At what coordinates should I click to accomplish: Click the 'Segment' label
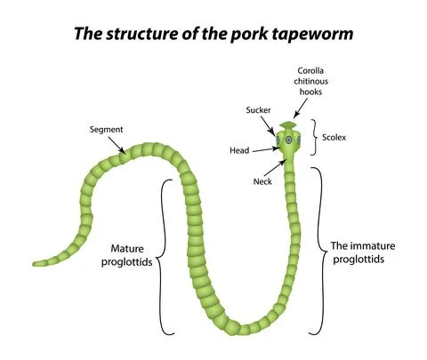pyautogui.click(x=106, y=130)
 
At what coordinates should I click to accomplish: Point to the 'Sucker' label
pyautogui.click(x=258, y=109)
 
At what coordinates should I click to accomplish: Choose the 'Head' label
pyautogui.click(x=239, y=150)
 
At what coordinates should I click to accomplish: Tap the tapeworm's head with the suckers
pyautogui.click(x=287, y=141)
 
